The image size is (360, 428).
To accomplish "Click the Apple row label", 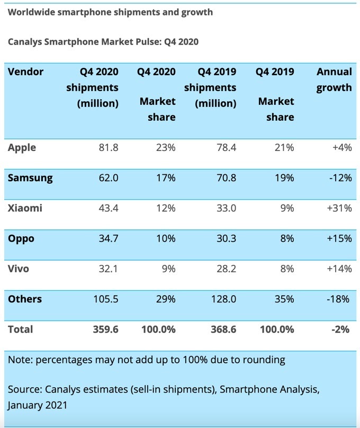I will pos(22,148).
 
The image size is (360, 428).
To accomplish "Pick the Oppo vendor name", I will pos(21,239).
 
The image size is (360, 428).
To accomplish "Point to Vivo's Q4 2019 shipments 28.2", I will pos(226,269).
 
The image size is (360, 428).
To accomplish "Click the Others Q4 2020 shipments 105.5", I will pos(105,299).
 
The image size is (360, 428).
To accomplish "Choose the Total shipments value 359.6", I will pos(105,329).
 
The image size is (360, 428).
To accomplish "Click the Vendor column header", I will pos(25,72).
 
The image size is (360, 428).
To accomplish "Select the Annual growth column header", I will pos(334,79).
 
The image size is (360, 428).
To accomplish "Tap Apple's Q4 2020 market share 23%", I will pos(166,148).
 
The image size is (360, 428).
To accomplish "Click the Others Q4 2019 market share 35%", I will pos(284,299).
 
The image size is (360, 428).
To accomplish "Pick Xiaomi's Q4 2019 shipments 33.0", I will pos(226,208).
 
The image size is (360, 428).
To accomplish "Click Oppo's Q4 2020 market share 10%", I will pos(166,239).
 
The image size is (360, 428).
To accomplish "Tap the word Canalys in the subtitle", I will pos(26,41).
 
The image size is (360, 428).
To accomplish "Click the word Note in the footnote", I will pos(19,360).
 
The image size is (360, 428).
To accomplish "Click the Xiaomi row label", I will pos(25,208).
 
